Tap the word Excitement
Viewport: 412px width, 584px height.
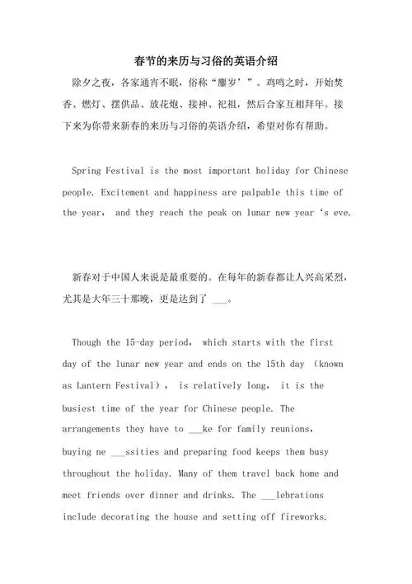coord(133,191)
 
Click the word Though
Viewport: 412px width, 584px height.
coord(88,341)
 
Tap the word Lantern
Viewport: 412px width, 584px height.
coord(101,385)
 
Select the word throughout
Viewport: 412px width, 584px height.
coord(95,473)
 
